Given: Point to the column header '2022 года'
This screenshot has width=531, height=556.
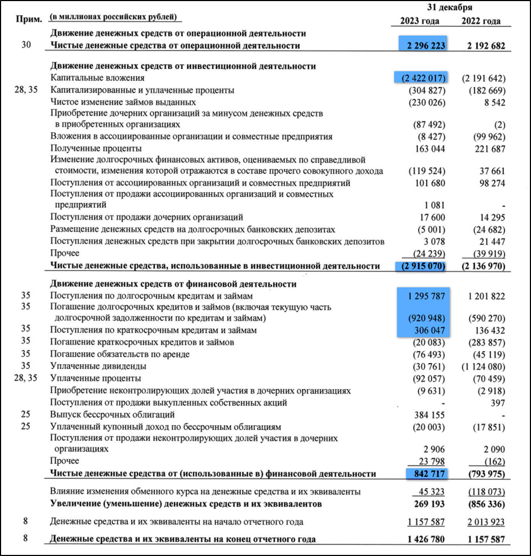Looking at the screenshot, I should point(481,21).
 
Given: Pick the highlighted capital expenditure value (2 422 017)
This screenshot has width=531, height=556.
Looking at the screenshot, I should point(421,78).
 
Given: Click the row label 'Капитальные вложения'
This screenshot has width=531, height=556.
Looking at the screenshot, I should point(93,78).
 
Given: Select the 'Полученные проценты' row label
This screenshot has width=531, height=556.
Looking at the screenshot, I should point(88,148).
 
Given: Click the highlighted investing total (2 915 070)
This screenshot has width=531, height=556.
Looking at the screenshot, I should point(421,266).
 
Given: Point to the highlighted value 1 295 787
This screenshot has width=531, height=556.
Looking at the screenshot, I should point(425,296).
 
